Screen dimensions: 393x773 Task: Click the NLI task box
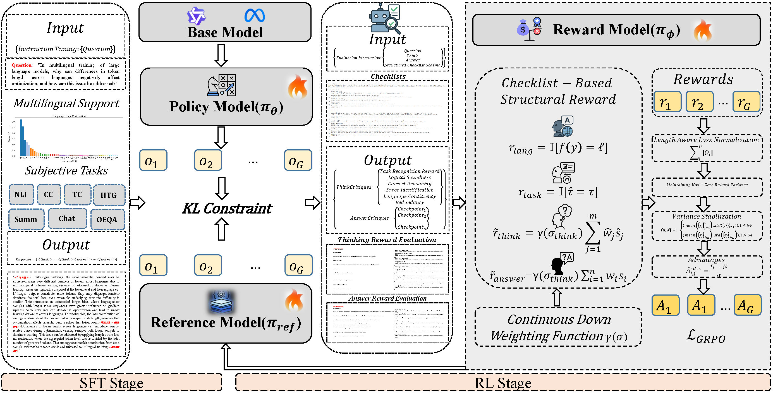tap(21, 194)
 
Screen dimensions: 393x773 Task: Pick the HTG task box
tap(109, 195)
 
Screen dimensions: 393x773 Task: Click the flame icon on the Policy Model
tap(298, 87)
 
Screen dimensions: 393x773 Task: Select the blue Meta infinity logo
tap(255, 16)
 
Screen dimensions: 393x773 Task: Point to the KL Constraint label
tap(227, 209)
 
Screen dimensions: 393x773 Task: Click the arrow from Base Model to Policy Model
tap(221, 55)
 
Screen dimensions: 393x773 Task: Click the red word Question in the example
tap(21, 65)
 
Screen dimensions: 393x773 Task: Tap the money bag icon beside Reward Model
tap(523, 28)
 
